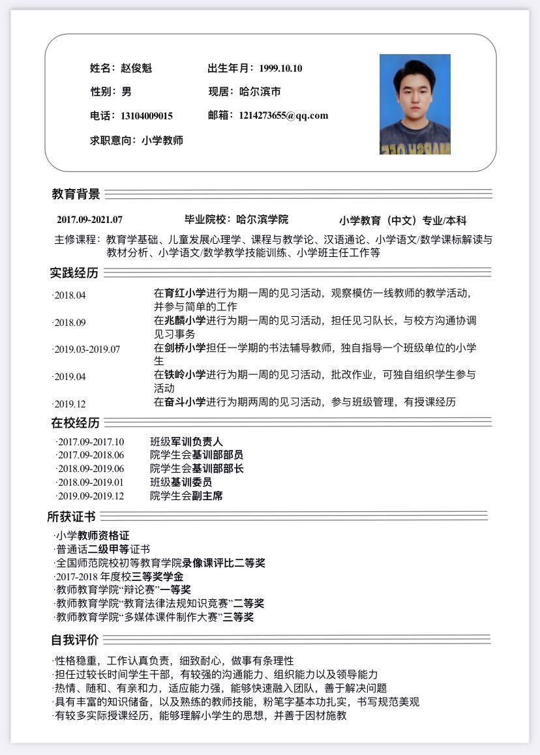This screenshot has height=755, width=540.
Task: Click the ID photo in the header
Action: coord(415,104)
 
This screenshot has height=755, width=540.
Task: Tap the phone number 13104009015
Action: coord(147,116)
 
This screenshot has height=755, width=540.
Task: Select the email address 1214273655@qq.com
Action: coord(284,115)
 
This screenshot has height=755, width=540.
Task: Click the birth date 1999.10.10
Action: coord(280,68)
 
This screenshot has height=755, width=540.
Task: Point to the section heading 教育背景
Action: coord(76,194)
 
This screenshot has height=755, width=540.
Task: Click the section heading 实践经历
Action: coord(74,273)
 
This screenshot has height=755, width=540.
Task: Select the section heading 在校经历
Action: coord(76,423)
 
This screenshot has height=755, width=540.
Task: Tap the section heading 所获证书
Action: coord(72,517)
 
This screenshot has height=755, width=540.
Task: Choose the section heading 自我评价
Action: coord(75,640)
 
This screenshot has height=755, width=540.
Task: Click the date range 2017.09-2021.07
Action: coord(89,220)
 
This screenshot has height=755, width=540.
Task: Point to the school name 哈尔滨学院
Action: coord(262,220)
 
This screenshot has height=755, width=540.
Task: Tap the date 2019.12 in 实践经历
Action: coord(70,404)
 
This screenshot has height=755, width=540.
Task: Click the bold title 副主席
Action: coord(207,496)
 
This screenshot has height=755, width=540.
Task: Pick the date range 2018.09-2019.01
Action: coord(91,482)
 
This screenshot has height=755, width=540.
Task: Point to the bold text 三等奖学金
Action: coord(158,577)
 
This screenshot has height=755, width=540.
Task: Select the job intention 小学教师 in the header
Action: coord(162,140)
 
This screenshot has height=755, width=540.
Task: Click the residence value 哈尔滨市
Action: coord(260,92)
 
